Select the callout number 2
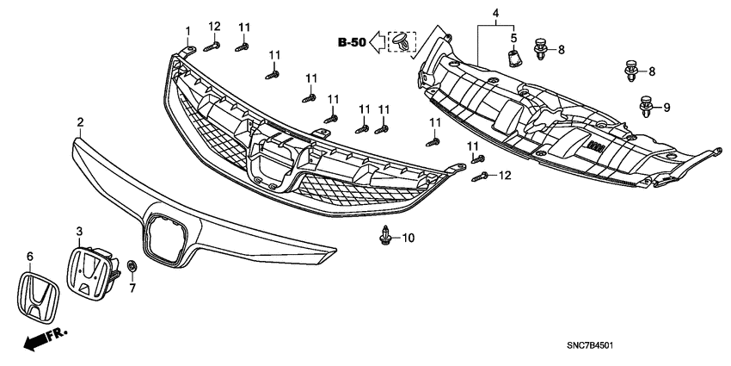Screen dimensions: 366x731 [x=80, y=122]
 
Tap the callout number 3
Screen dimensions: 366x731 [x=80, y=232]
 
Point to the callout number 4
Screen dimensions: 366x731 [x=495, y=14]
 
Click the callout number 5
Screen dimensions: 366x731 [x=513, y=38]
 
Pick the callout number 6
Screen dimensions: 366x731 [x=29, y=257]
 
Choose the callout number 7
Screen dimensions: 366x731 [x=132, y=288]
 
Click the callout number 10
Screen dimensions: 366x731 [x=408, y=237]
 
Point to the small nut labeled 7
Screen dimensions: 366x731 [x=132, y=266]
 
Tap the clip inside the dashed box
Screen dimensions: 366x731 [x=402, y=41]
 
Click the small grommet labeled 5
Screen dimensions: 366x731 [x=513, y=58]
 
